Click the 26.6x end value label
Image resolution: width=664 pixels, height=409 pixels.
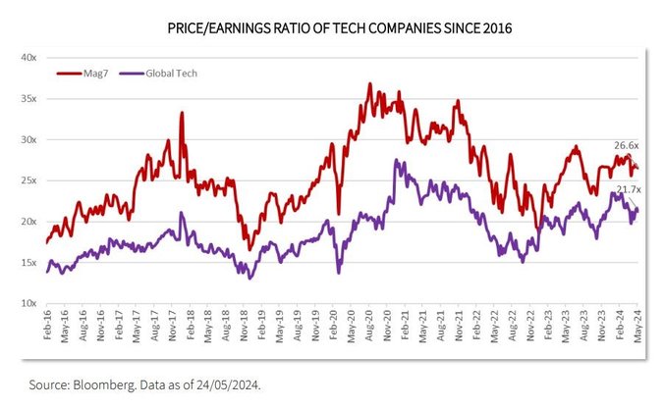coord(628,145)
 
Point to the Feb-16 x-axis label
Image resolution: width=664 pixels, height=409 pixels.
coord(46,326)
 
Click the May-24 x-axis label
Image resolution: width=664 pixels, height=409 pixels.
coord(637,326)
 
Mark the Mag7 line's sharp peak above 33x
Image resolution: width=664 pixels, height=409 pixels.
coord(182,113)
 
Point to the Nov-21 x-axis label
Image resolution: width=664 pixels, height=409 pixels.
coord(459,326)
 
